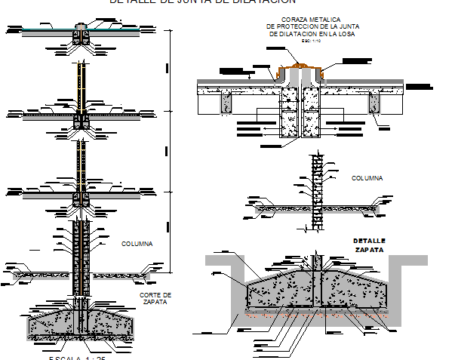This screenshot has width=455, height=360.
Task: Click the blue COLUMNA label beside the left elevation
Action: pyautogui.click(x=137, y=244)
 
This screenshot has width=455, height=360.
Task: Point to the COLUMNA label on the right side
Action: pyautogui.click(x=367, y=178)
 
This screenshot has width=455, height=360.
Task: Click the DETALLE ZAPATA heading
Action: pyautogui.click(x=369, y=245)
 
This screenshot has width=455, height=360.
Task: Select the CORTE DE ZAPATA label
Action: pyautogui.click(x=156, y=298)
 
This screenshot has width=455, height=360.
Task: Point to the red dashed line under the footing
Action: pyautogui.click(x=317, y=315)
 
